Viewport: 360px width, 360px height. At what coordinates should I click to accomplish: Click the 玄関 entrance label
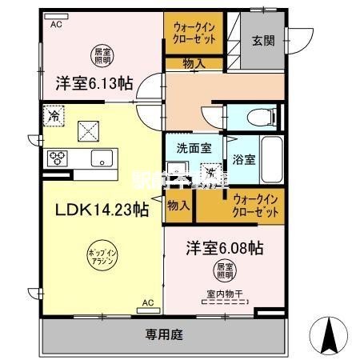tap(265, 41)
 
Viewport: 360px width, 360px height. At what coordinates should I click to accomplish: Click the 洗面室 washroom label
tap(194, 148)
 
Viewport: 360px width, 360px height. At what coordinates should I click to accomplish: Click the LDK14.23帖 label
tap(100, 210)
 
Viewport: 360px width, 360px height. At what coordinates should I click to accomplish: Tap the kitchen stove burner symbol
tap(59, 158)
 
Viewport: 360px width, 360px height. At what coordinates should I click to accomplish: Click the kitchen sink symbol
tap(102, 158)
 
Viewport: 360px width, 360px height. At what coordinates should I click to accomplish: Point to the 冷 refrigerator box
tap(52, 115)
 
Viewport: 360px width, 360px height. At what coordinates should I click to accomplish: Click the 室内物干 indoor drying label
tap(225, 294)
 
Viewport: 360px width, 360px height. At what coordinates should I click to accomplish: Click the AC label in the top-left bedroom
tap(56, 24)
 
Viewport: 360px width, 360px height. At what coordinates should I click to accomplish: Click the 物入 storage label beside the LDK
tap(178, 205)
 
